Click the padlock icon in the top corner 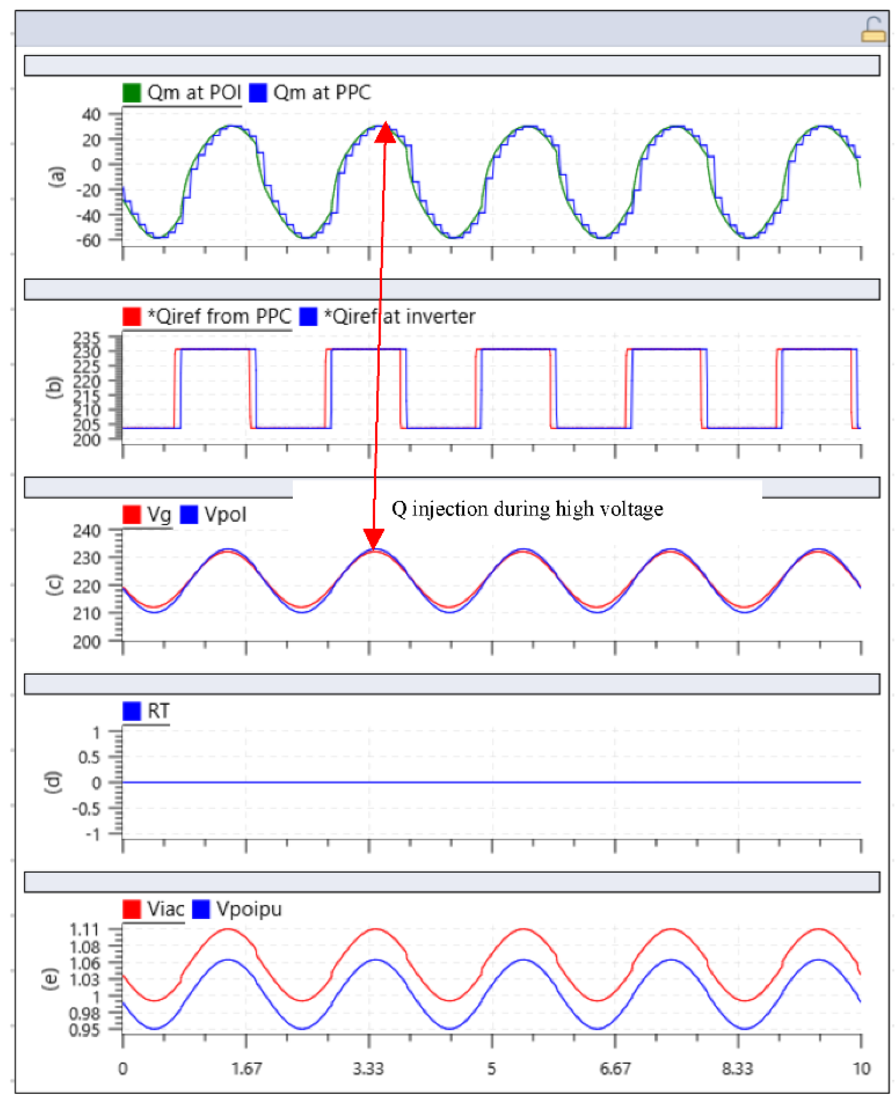tap(873, 30)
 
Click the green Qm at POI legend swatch tap(131, 93)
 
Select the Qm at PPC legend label tap(321, 93)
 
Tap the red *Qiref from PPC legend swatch tap(131, 316)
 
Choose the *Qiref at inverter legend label tap(399, 316)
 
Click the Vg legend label tap(158, 515)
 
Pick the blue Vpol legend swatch tap(189, 515)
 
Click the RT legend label tap(158, 711)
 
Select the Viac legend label tap(165, 909)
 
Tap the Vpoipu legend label tap(249, 909)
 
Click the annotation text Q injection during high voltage tap(527, 509)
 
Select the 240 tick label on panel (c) tap(86, 530)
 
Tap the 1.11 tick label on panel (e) tap(84, 930)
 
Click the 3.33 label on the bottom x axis tap(368, 1068)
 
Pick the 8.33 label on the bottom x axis tap(737, 1068)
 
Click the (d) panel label tap(54, 782)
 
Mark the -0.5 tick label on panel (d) tap(86, 808)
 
